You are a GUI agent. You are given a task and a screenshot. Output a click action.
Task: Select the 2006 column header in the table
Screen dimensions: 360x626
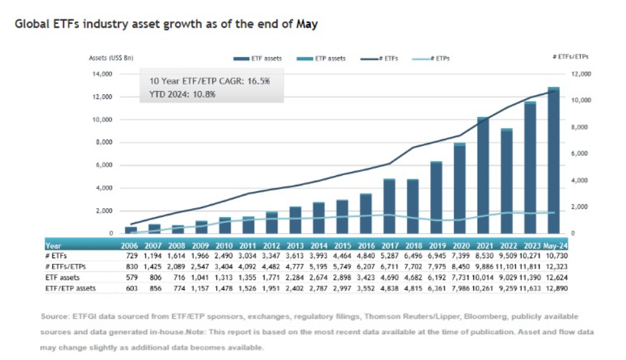(x=131, y=246)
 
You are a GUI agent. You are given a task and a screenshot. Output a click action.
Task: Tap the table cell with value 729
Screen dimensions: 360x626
(x=132, y=257)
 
